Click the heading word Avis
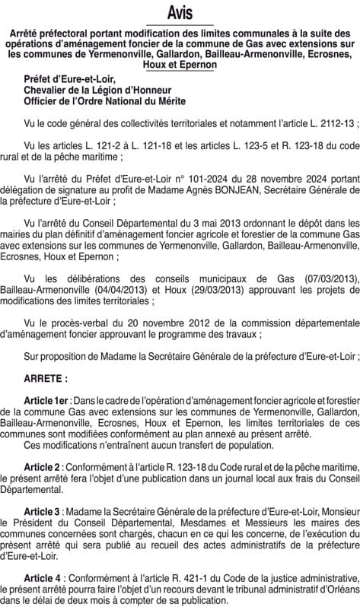click(x=180, y=12)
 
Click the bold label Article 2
click(x=44, y=467)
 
